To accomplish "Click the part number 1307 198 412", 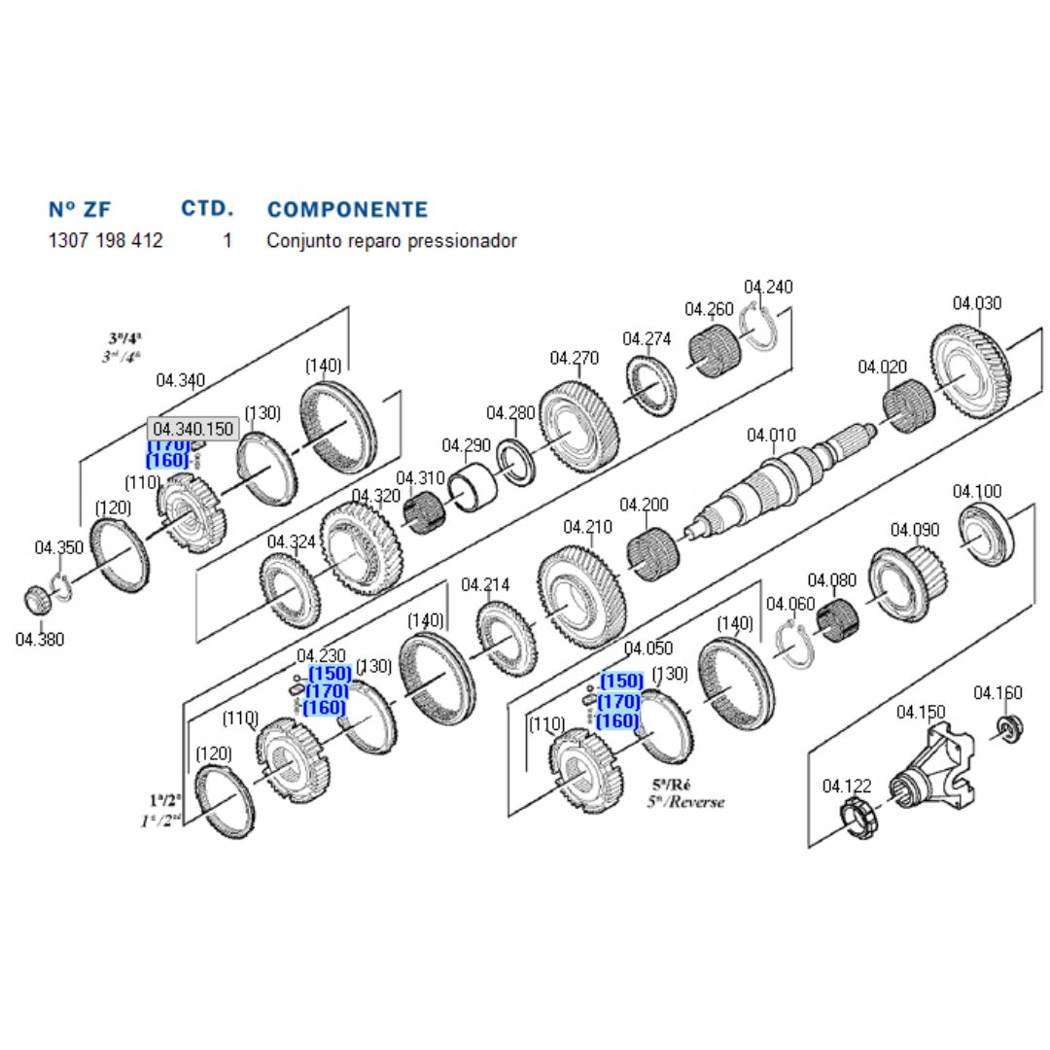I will click(x=105, y=240).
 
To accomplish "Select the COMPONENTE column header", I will click(x=347, y=210).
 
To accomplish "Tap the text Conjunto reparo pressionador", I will click(x=392, y=240).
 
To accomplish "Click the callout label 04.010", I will click(x=771, y=435).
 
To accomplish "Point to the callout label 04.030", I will click(x=976, y=303).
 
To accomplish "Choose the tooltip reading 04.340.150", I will click(x=193, y=429).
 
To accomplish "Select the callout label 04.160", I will click(x=997, y=692).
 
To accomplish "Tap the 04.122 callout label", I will click(x=847, y=786).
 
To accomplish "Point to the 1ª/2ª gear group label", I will click(x=165, y=800).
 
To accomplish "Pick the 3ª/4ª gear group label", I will click(x=125, y=338).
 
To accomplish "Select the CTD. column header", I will click(x=207, y=208).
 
